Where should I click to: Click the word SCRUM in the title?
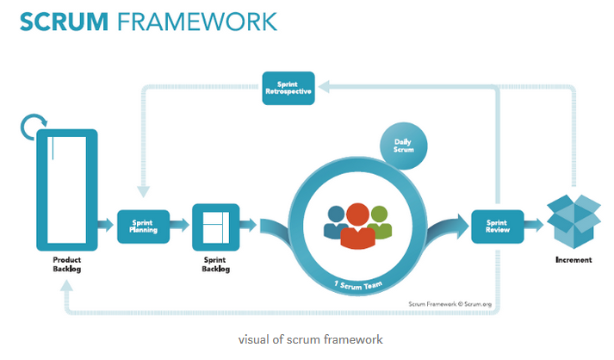pyautogui.click(x=64, y=22)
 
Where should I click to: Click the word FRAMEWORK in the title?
pyautogui.click(x=197, y=22)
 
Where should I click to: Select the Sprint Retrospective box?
pyautogui.click(x=288, y=88)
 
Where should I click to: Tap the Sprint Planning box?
pyautogui.click(x=143, y=227)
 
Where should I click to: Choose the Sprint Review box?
pyautogui.click(x=497, y=227)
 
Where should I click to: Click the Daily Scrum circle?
pyautogui.click(x=403, y=146)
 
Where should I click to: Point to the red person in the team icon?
pyautogui.click(x=358, y=226)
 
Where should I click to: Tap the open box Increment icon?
pyautogui.click(x=574, y=221)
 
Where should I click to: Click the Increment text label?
pyautogui.click(x=574, y=260)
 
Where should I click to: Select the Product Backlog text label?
pyautogui.click(x=67, y=264)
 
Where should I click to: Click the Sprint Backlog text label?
pyautogui.click(x=216, y=264)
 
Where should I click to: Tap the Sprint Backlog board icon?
pyautogui.click(x=216, y=227)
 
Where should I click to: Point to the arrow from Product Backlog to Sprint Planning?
pyautogui.click(x=105, y=225)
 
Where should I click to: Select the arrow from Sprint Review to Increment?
pyautogui.click(x=534, y=225)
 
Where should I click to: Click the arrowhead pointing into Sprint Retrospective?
pyautogui.click(x=324, y=87)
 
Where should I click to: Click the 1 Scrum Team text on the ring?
pyautogui.click(x=358, y=286)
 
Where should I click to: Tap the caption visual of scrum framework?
pyautogui.click(x=311, y=339)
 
